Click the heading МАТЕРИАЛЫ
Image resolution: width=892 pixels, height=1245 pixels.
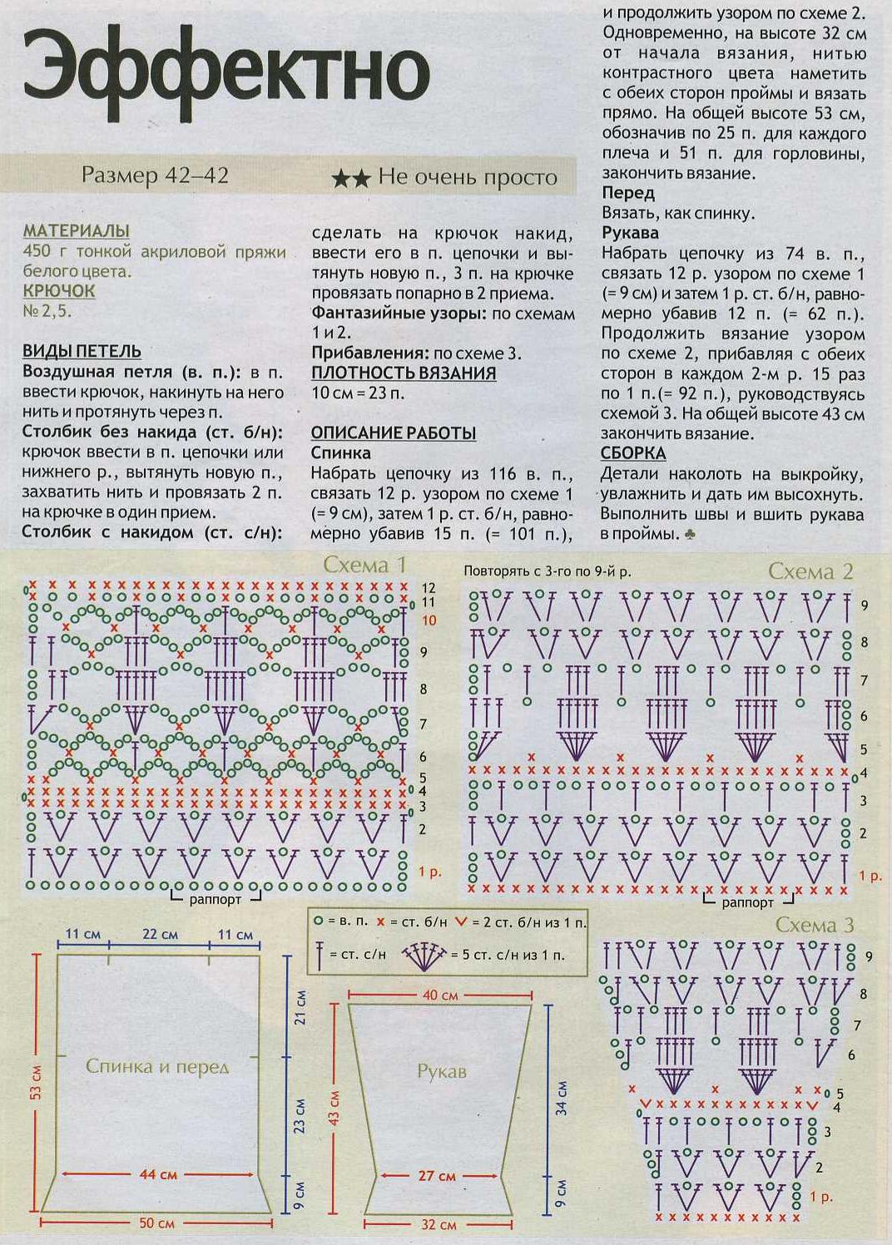click(x=76, y=230)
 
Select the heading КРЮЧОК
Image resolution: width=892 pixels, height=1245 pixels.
click(x=58, y=291)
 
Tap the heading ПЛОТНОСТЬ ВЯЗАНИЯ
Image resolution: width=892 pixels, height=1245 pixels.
click(x=404, y=373)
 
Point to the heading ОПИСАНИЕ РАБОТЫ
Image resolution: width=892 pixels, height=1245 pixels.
click(x=393, y=433)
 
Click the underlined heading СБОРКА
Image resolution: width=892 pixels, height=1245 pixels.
click(x=633, y=453)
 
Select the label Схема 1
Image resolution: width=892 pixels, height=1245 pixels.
click(x=364, y=566)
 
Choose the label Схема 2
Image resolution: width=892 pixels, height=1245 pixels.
click(x=810, y=571)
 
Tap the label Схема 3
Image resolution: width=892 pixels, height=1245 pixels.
click(x=815, y=925)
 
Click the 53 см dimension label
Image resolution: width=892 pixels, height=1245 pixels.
click(x=36, y=1081)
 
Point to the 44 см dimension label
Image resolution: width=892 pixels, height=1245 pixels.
click(x=158, y=1174)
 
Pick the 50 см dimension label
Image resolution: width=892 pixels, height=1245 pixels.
click(x=156, y=1223)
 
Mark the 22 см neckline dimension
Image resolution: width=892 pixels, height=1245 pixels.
click(x=160, y=934)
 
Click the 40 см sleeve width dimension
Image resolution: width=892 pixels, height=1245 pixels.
click(x=440, y=995)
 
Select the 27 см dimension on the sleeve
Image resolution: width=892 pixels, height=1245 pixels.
click(x=437, y=1176)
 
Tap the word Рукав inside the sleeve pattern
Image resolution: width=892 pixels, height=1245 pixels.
click(x=441, y=1072)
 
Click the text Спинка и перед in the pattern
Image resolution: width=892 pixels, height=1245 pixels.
click(x=157, y=1066)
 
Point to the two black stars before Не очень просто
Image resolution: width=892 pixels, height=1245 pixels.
click(x=350, y=179)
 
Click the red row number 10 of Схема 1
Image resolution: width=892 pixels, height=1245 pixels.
click(x=429, y=620)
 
